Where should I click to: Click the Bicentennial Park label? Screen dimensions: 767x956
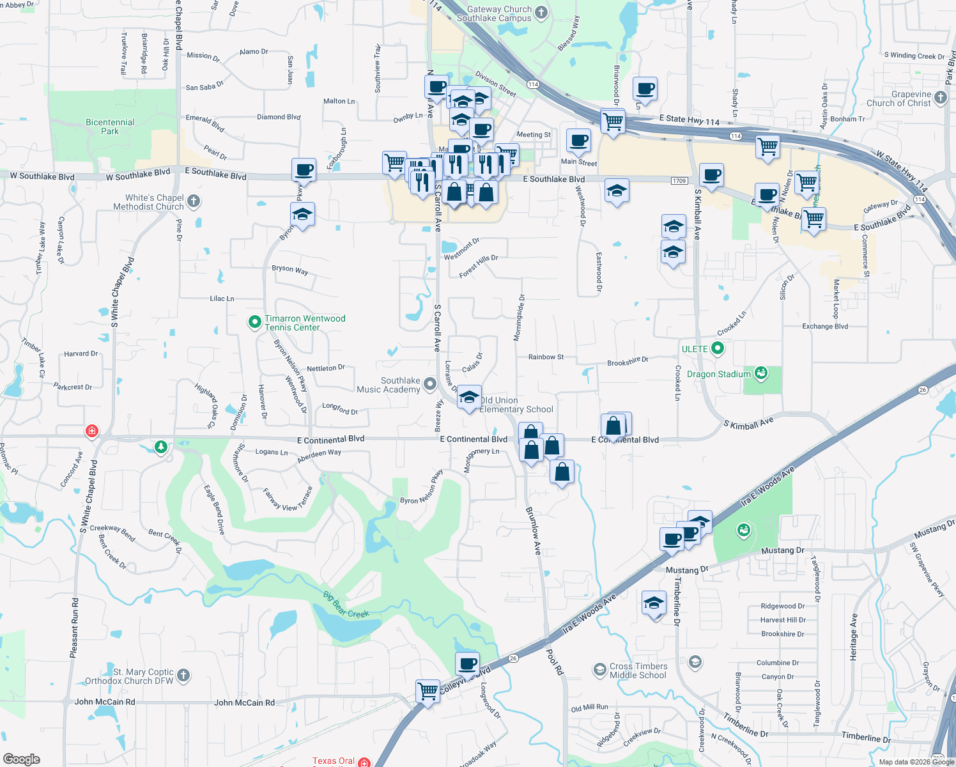point(110,127)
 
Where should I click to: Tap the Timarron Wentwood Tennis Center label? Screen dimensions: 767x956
point(305,323)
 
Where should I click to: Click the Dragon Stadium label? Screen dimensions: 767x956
point(719,374)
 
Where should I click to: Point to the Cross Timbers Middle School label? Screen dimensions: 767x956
point(638,670)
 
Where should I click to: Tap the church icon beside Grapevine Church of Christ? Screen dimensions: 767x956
point(940,98)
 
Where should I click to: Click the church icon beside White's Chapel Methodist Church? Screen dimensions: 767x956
point(194,202)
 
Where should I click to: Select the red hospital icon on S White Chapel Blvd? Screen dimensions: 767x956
point(92,431)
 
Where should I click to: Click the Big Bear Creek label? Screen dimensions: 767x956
point(346,605)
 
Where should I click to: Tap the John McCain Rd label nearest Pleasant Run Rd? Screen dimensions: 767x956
point(105,702)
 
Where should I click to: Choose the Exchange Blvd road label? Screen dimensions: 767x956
point(825,326)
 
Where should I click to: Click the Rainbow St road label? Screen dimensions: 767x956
point(546,357)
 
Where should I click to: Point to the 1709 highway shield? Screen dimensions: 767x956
point(679,181)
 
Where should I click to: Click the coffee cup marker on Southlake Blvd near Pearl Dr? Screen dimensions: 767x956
point(304,171)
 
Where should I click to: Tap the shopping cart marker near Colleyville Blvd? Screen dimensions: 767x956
point(428,691)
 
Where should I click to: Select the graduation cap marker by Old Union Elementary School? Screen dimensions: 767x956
point(469,398)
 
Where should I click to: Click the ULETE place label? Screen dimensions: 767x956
point(695,349)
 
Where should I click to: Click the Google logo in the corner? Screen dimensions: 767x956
point(21,759)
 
